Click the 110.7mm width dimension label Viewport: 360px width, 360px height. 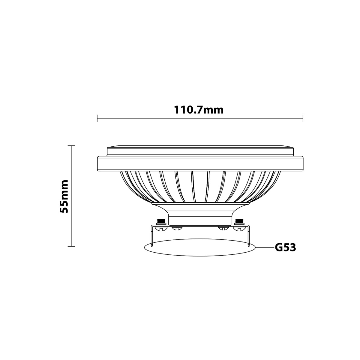[x=199, y=110]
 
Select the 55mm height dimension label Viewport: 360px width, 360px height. [x=64, y=196]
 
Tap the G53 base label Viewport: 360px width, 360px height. [x=286, y=247]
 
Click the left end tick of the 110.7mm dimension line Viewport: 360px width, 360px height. [x=97, y=118]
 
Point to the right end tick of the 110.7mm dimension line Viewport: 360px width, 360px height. [x=303, y=118]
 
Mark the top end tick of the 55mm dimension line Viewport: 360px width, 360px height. [x=71, y=145]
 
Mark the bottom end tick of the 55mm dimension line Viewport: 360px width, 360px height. [x=71, y=247]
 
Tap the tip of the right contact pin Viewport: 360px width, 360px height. [x=248, y=246]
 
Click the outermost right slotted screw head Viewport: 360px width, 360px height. [x=238, y=229]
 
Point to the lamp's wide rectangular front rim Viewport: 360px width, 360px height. [x=200, y=163]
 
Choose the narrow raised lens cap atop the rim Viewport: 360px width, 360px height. [x=200, y=151]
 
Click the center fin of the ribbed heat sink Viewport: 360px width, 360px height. [x=200, y=186]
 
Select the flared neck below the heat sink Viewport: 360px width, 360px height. [x=200, y=213]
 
